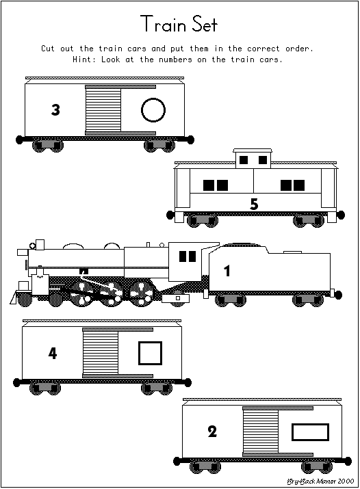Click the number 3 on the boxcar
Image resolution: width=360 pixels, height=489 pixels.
[55, 110]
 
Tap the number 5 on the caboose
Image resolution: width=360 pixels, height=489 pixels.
[254, 204]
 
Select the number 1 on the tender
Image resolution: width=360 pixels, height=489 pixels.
[227, 271]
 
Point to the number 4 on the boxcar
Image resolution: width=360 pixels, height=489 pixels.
[53, 354]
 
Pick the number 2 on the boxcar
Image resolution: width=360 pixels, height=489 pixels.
[212, 432]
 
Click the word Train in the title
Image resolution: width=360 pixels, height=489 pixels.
[164, 24]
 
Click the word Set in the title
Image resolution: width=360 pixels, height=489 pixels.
[205, 24]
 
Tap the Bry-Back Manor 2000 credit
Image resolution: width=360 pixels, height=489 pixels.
[320, 481]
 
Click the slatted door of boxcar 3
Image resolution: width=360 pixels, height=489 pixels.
[103, 110]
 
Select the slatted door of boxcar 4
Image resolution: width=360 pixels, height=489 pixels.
[101, 353]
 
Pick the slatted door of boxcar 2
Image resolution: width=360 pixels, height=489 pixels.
[261, 432]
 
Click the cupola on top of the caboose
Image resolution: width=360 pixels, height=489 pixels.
[253, 159]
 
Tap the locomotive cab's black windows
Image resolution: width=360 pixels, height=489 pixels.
[188, 256]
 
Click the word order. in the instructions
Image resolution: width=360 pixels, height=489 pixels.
[299, 49]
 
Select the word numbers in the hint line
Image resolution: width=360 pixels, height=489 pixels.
[175, 60]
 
